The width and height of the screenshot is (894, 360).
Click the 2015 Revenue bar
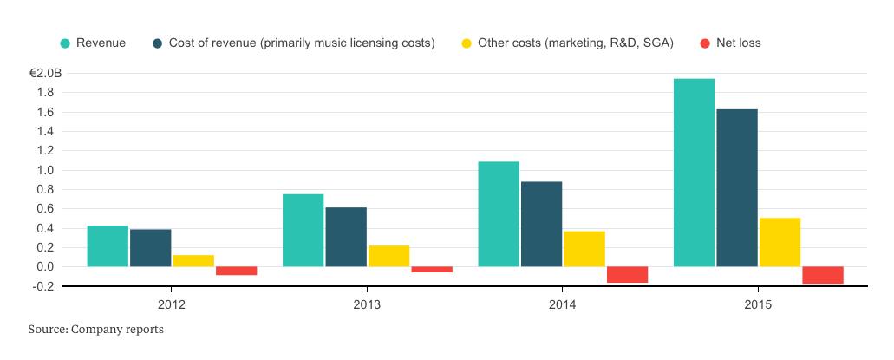point(694,173)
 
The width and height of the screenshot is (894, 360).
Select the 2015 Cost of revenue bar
point(737,187)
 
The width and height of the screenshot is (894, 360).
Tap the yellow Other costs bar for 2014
point(584,249)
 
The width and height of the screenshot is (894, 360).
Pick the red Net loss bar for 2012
point(236,271)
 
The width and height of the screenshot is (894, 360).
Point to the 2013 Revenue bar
point(303,230)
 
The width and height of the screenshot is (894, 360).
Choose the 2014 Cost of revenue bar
point(541,224)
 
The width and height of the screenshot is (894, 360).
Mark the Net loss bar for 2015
point(823,275)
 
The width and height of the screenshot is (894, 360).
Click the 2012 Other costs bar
point(193,261)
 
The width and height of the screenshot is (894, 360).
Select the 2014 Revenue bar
point(499,214)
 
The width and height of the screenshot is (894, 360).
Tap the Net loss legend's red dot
point(704,43)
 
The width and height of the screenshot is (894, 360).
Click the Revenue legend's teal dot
point(64,43)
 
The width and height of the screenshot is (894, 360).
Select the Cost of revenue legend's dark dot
point(157,43)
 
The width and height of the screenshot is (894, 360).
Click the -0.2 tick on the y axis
point(45,286)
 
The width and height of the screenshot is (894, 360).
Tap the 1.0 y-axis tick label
point(48,170)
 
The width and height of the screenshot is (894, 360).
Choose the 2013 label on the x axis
point(366,305)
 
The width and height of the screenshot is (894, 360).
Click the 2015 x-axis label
point(757,305)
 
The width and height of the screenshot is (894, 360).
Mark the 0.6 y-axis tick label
point(48,209)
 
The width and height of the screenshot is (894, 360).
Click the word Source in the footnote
point(47,330)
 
